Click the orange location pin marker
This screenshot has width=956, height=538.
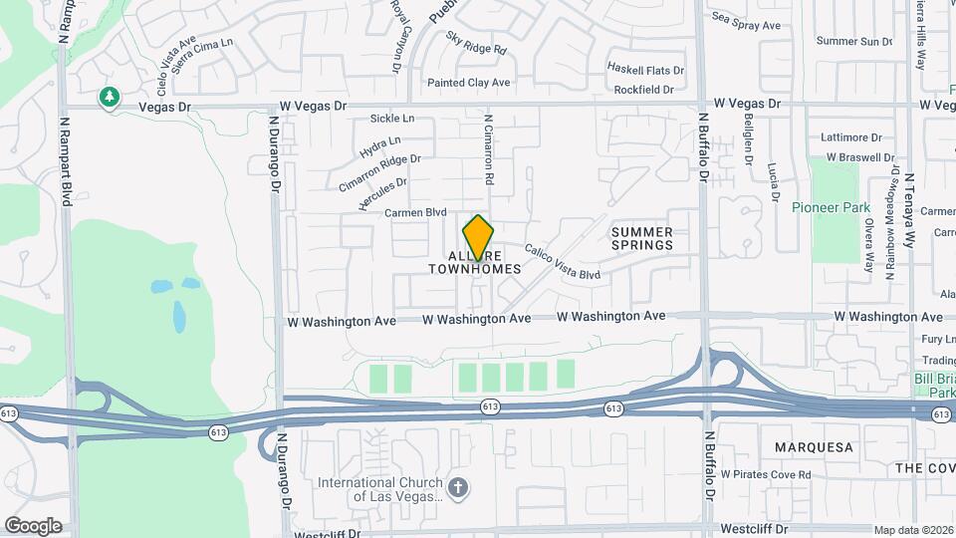click(x=479, y=237)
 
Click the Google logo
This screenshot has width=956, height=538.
click(x=33, y=526)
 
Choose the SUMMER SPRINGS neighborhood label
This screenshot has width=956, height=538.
click(x=642, y=238)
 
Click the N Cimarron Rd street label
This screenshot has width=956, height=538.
click(x=489, y=149)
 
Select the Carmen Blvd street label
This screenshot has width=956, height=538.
click(x=415, y=212)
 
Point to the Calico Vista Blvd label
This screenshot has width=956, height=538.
click(x=563, y=263)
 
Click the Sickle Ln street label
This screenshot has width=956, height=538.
click(x=391, y=119)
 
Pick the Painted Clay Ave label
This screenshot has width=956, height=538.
click(x=468, y=83)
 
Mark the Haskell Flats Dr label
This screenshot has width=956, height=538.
click(x=647, y=70)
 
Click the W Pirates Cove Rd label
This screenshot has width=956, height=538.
click(x=766, y=474)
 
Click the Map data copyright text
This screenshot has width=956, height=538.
click(x=914, y=530)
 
